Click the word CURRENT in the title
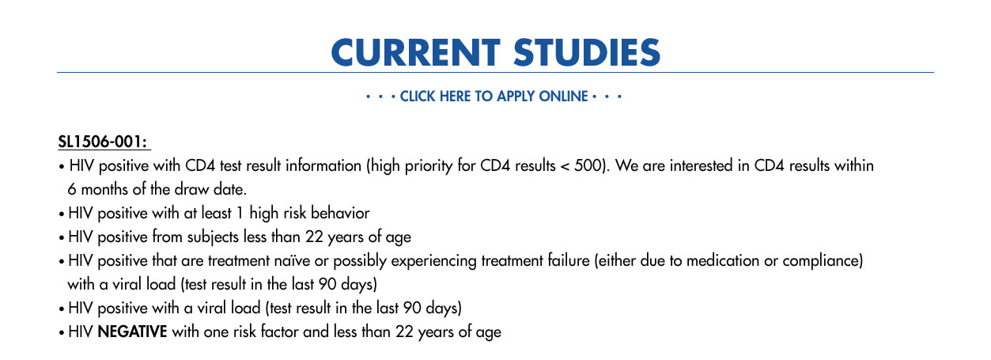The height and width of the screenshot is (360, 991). tap(416, 52)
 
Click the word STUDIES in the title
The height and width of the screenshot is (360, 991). tap(587, 52)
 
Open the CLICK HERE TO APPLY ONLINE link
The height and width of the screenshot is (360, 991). tap(494, 96)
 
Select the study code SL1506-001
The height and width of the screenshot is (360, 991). tap(102, 142)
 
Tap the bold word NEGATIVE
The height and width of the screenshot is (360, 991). tap(132, 332)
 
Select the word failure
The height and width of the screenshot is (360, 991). tap(569, 260)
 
